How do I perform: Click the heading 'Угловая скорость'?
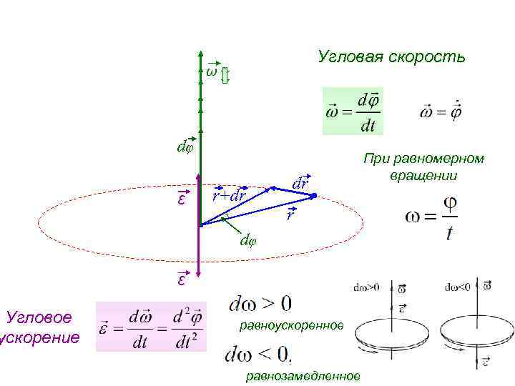click(x=391, y=56)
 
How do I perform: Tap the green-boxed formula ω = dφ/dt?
click(x=353, y=112)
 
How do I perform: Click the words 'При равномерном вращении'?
click(x=423, y=167)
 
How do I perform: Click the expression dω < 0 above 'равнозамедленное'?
click(x=258, y=354)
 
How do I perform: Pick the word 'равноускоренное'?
click(x=291, y=326)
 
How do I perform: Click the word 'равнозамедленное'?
click(x=303, y=376)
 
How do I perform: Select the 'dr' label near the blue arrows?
click(x=301, y=182)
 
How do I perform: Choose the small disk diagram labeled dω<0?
click(x=476, y=325)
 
